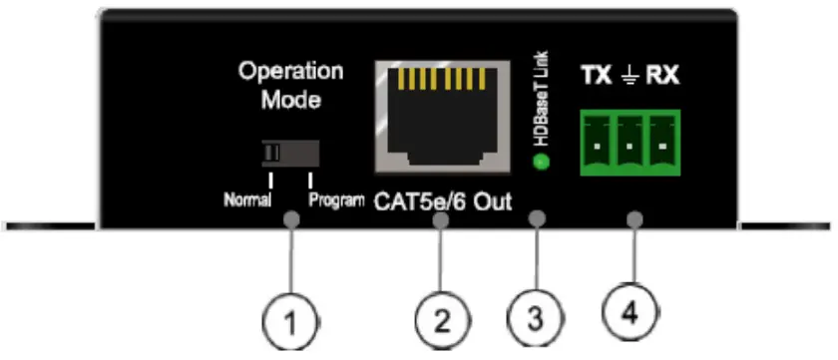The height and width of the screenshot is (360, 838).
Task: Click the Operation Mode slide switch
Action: [290, 153]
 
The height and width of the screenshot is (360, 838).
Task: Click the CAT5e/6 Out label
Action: [443, 202]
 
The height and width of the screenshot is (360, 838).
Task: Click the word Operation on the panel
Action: [290, 72]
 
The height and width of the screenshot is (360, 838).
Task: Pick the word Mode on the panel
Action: [289, 100]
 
